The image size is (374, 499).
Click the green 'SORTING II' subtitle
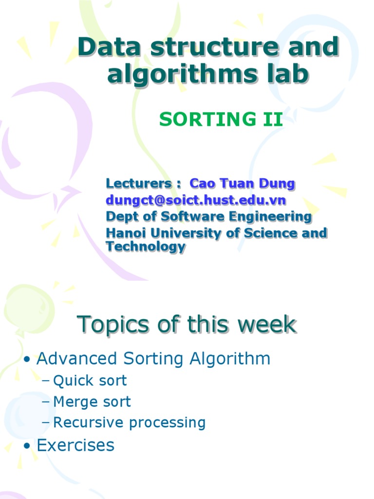click(221, 119)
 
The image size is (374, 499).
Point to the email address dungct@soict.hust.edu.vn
click(196, 200)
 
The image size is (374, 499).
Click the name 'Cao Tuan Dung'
click(242, 184)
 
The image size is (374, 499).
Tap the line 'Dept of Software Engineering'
click(208, 216)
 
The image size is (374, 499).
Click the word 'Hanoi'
click(125, 233)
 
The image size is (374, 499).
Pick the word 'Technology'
click(146, 247)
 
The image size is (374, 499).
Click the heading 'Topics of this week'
click(187, 324)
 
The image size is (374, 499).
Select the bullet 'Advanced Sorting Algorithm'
click(153, 359)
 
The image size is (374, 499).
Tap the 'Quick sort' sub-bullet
click(90, 381)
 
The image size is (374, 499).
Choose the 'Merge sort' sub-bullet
click(92, 402)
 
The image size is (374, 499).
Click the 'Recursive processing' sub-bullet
click(129, 422)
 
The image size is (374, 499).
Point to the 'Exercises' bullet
click(75, 445)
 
